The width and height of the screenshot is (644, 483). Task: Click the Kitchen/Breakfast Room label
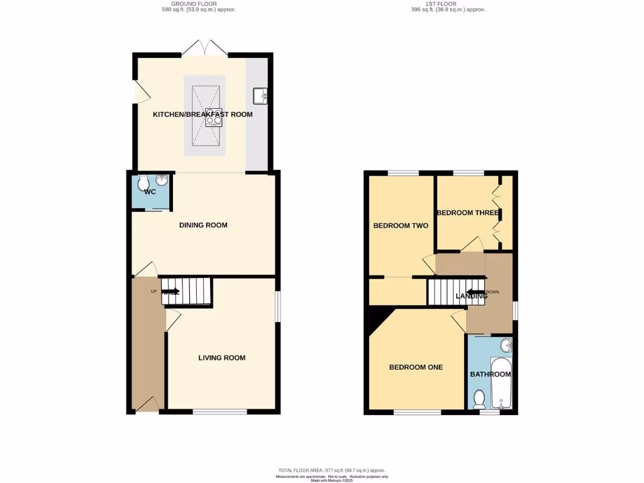(203, 114)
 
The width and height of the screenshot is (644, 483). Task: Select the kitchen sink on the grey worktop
(260, 96)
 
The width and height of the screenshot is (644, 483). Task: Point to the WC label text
(150, 192)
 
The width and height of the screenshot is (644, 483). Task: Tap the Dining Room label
(203, 225)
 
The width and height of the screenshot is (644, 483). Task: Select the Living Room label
(221, 358)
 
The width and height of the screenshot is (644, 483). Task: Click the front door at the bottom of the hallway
(148, 404)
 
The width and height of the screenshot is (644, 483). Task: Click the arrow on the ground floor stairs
(171, 292)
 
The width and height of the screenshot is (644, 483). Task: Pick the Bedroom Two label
(401, 226)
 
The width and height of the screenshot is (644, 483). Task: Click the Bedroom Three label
(468, 213)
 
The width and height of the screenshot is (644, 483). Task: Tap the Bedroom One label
(416, 367)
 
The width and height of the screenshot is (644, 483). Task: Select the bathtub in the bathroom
(502, 382)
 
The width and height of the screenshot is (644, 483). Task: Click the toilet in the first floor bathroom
(479, 398)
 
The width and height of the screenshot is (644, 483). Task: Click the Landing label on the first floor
(471, 296)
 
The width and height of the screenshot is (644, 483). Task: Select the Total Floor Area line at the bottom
(331, 470)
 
